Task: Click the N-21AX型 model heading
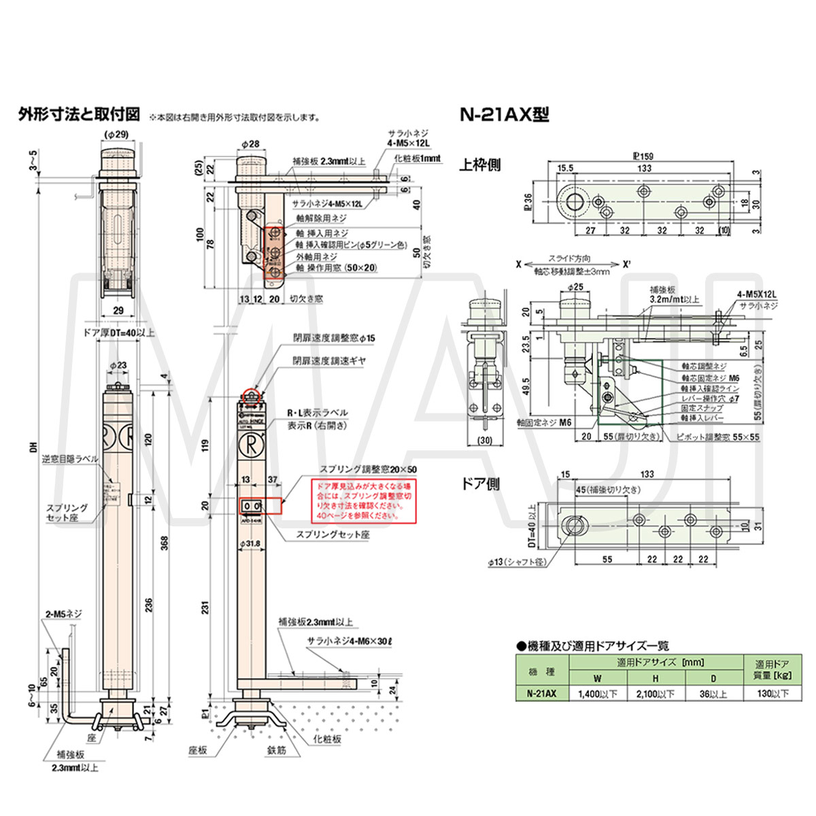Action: click(504, 114)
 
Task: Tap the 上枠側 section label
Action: click(480, 165)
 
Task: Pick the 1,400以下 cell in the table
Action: click(597, 694)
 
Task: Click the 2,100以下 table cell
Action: click(655, 694)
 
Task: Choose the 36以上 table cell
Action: click(713, 694)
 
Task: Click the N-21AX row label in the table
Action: click(542, 694)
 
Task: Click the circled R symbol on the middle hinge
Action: click(250, 446)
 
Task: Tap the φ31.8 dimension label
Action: click(251, 543)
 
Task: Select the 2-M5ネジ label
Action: click(64, 613)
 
